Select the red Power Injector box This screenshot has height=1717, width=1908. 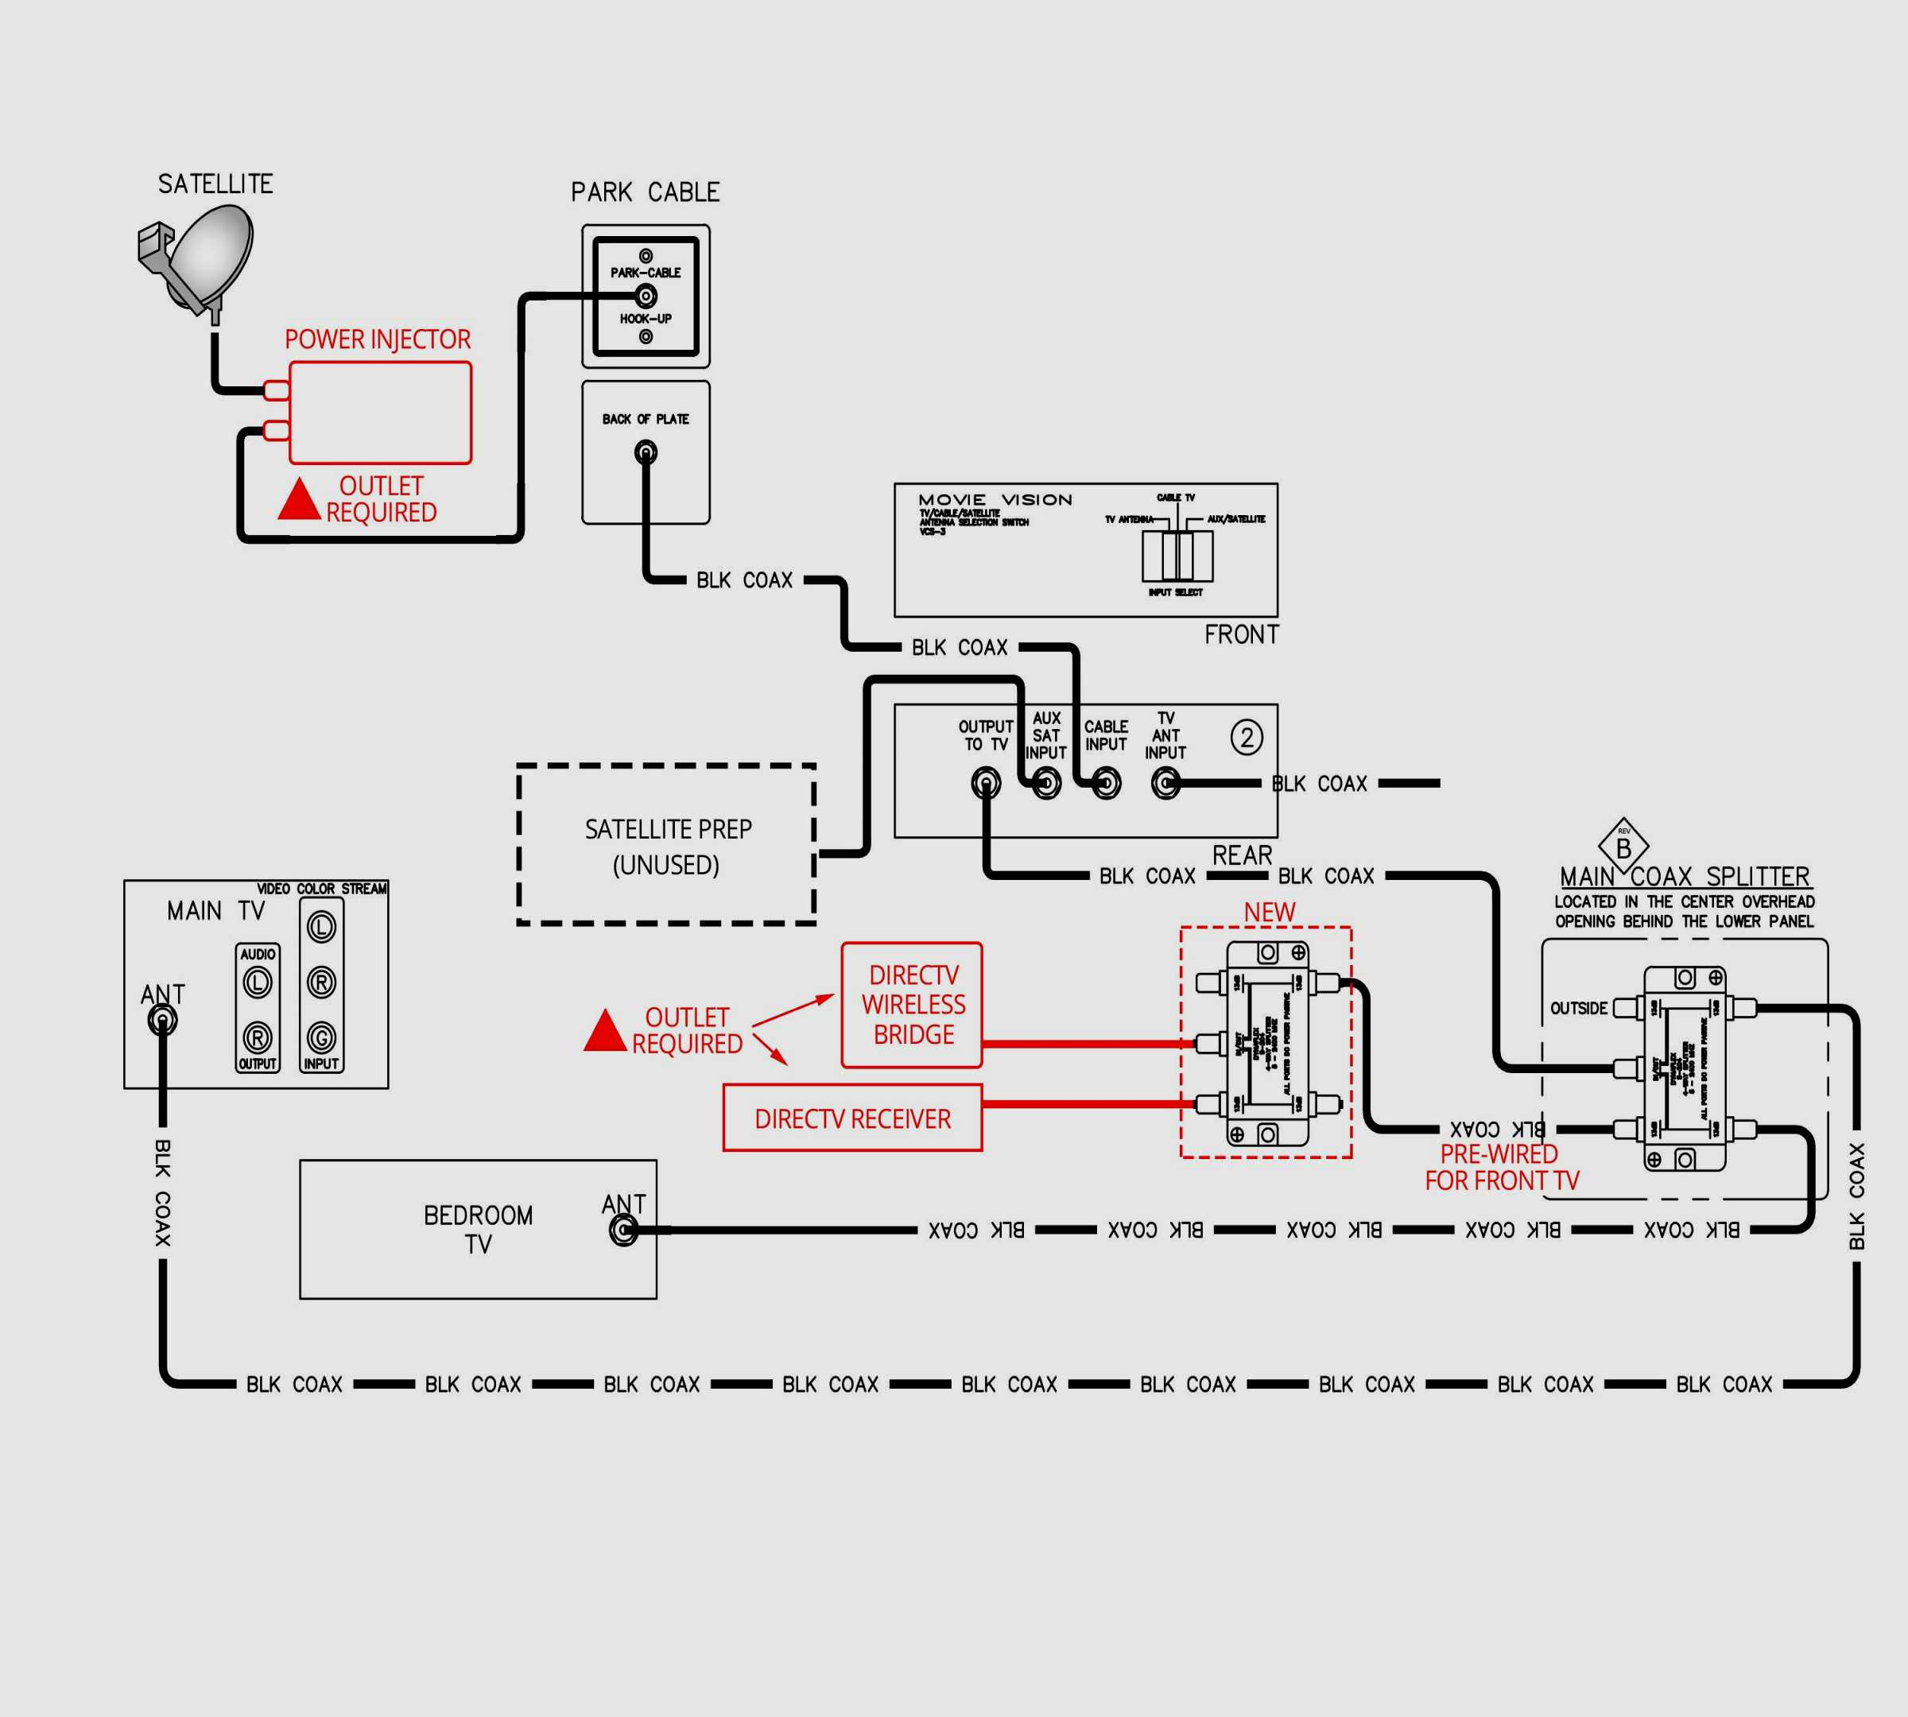click(x=379, y=413)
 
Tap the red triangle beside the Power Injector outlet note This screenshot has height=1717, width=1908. click(x=299, y=500)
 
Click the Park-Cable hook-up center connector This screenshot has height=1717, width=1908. click(x=646, y=297)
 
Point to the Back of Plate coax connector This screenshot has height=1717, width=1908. click(x=646, y=453)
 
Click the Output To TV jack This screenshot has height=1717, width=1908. click(x=986, y=783)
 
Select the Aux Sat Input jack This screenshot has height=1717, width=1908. click(x=1045, y=783)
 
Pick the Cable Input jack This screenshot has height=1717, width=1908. click(x=1106, y=783)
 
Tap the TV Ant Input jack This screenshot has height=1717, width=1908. click(x=1166, y=783)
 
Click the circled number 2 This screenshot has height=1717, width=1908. click(x=1247, y=737)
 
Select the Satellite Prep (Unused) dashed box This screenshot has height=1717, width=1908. click(x=666, y=844)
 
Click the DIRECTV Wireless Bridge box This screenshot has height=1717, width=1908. click(x=912, y=1005)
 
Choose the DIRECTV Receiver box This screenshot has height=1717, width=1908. click(x=852, y=1118)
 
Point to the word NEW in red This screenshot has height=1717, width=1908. click(x=1269, y=913)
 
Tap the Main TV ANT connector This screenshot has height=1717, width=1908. click(x=162, y=1020)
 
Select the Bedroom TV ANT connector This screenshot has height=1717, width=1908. click(x=622, y=1231)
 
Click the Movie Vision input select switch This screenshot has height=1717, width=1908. click(x=1177, y=556)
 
